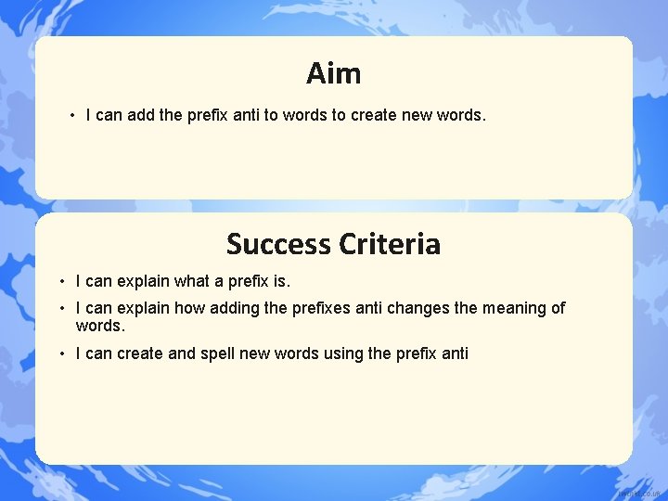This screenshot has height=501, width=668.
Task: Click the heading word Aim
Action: pyautogui.click(x=333, y=72)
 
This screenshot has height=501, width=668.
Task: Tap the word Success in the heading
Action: pyautogui.click(x=278, y=244)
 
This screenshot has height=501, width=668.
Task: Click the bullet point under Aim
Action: pyautogui.click(x=71, y=116)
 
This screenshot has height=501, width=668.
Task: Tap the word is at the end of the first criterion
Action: pyautogui.click(x=280, y=280)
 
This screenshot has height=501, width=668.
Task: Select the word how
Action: pyautogui.click(x=188, y=308)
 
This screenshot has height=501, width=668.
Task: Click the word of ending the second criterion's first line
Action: pyautogui.click(x=558, y=308)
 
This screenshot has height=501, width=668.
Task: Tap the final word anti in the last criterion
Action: pyautogui.click(x=455, y=353)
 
